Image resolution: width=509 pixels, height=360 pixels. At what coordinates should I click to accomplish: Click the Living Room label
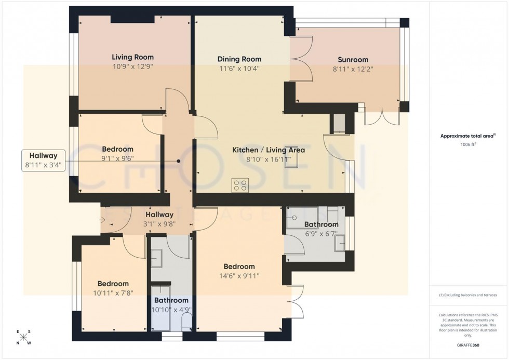pyautogui.click(x=132, y=57)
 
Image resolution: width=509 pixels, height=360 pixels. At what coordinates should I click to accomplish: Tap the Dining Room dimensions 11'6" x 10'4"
pyautogui.click(x=239, y=68)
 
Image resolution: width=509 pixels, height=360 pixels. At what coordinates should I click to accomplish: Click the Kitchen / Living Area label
pyautogui.click(x=268, y=150)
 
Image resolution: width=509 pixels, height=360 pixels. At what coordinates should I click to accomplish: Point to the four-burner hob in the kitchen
pyautogui.click(x=240, y=185)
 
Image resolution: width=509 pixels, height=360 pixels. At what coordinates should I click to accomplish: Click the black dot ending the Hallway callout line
pyautogui.click(x=179, y=162)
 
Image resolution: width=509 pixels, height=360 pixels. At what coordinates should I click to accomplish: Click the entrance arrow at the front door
pyautogui.click(x=102, y=220)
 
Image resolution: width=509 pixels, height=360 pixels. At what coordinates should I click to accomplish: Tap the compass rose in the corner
pyautogui.click(x=23, y=337)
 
